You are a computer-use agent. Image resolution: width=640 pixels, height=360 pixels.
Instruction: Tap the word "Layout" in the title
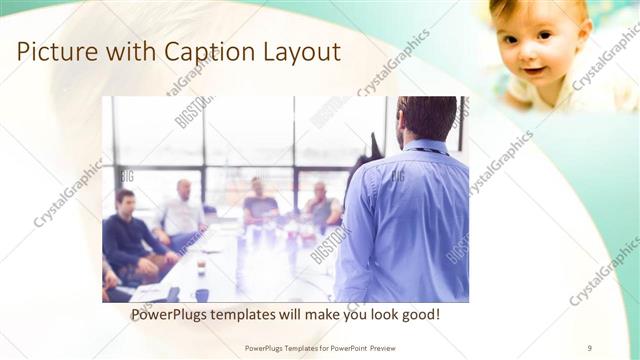pyautogui.click(x=296, y=52)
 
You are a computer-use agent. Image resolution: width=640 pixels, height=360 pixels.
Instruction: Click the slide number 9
pyautogui.click(x=589, y=347)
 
